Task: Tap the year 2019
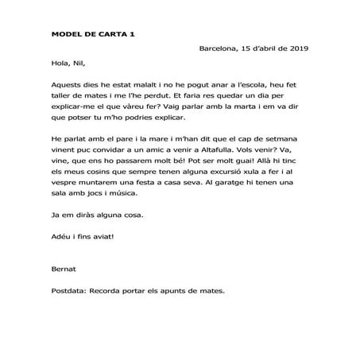click(x=296, y=48)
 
